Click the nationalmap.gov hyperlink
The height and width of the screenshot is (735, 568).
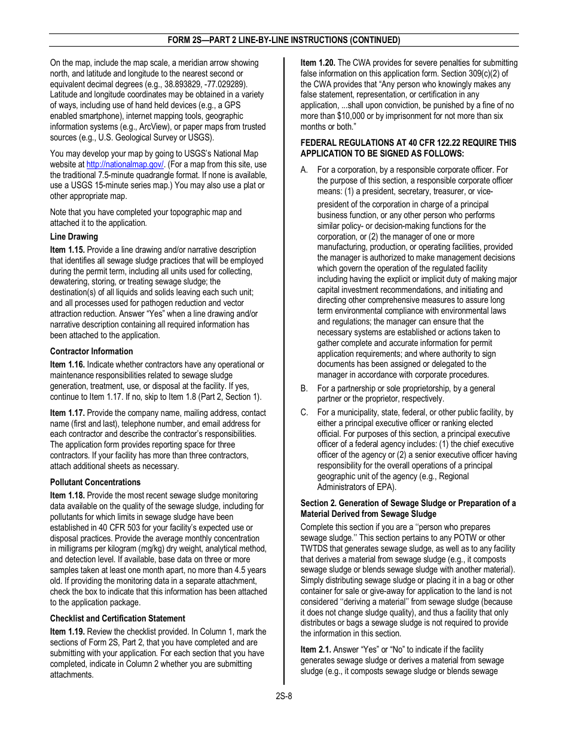pos(125,164)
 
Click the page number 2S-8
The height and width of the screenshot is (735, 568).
pos(284,696)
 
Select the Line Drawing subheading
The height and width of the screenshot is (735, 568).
pos(74,237)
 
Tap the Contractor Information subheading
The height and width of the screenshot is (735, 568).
pos(91,351)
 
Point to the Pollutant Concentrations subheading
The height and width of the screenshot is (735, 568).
pos(95,482)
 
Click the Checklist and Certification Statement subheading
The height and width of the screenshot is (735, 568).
pos(117,618)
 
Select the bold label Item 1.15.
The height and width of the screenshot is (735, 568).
pos(67,250)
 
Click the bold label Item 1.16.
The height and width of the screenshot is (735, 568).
pos(67,365)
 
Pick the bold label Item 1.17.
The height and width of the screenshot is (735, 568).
pos(67,413)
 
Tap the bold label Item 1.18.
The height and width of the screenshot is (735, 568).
pos(67,495)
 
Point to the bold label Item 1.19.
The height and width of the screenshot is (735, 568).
pos(67,632)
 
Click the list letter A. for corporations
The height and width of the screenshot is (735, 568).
pos(304,170)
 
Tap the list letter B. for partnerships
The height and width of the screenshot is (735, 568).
pos(304,388)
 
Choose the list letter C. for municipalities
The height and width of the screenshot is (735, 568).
pos(304,412)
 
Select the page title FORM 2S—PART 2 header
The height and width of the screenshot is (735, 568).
pos(284,40)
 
